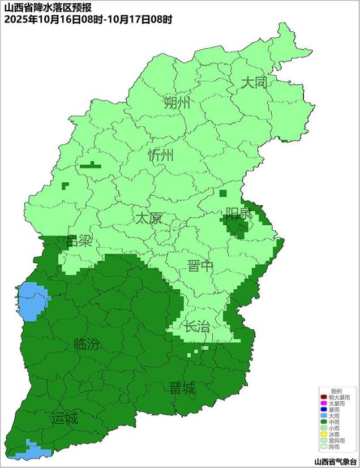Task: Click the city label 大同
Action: (254, 83)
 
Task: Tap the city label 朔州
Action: (177, 103)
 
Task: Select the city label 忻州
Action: (161, 156)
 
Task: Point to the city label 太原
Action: (148, 218)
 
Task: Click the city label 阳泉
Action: (238, 214)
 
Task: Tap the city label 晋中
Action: (201, 266)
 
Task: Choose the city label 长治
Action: (196, 326)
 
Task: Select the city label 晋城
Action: (182, 388)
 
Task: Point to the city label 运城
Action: (64, 419)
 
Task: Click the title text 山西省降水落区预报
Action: (44, 7)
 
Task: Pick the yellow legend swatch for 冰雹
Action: (323, 433)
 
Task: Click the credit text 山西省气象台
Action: (336, 461)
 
